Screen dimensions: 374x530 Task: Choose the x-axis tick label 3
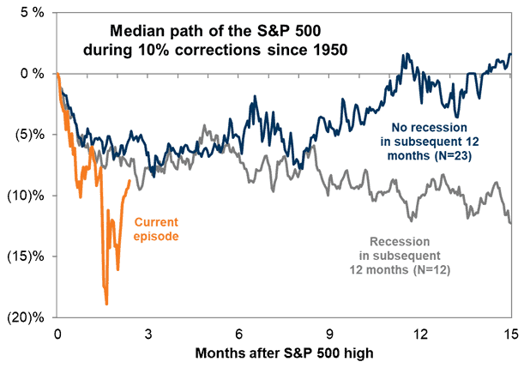(148, 334)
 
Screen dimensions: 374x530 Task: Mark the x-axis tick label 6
(238, 334)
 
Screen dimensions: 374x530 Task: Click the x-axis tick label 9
(329, 334)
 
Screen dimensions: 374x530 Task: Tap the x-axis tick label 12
(420, 334)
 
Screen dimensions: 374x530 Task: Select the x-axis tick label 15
(511, 334)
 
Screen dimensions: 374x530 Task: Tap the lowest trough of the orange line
(106, 304)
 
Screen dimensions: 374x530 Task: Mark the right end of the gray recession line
(511, 223)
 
